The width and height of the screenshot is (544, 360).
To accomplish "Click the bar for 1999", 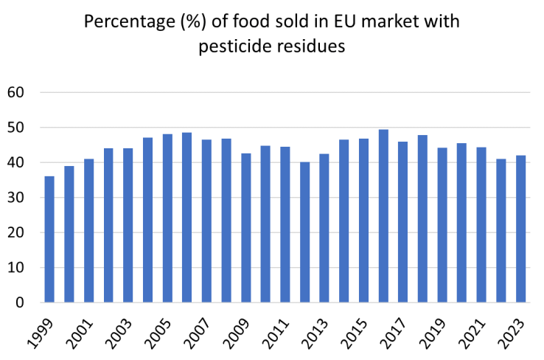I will [x=49, y=239].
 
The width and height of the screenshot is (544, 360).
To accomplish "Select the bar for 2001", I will [x=88, y=230].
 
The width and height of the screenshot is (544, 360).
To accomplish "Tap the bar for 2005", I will [x=167, y=218].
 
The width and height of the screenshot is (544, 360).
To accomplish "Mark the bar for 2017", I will [x=402, y=222].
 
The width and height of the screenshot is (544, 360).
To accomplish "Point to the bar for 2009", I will [x=245, y=228].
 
